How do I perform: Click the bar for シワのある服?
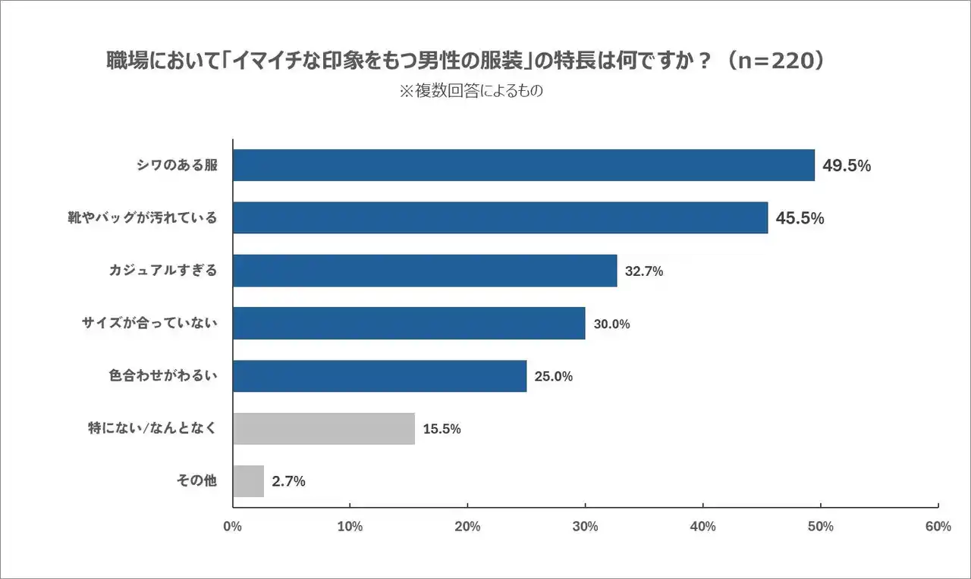click(x=523, y=165)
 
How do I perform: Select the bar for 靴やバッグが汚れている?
click(x=500, y=218)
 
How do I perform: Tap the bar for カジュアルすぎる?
click(x=425, y=271)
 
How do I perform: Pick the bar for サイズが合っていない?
click(x=409, y=324)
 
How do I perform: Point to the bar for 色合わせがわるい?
click(x=379, y=376)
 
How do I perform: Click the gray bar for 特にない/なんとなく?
click(x=324, y=429)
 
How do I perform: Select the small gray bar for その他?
click(x=248, y=481)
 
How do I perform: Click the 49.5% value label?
click(x=847, y=166)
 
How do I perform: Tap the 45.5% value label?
click(x=800, y=218)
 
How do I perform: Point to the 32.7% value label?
click(x=644, y=271)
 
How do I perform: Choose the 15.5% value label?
click(x=442, y=429)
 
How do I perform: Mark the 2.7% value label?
click(x=288, y=481)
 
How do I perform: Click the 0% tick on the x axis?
click(x=233, y=527)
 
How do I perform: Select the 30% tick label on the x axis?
click(x=585, y=527)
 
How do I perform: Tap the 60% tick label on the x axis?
click(x=938, y=527)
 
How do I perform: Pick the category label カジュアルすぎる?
click(x=163, y=271)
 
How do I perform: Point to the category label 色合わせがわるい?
click(x=163, y=376)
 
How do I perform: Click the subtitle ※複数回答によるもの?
click(x=471, y=91)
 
